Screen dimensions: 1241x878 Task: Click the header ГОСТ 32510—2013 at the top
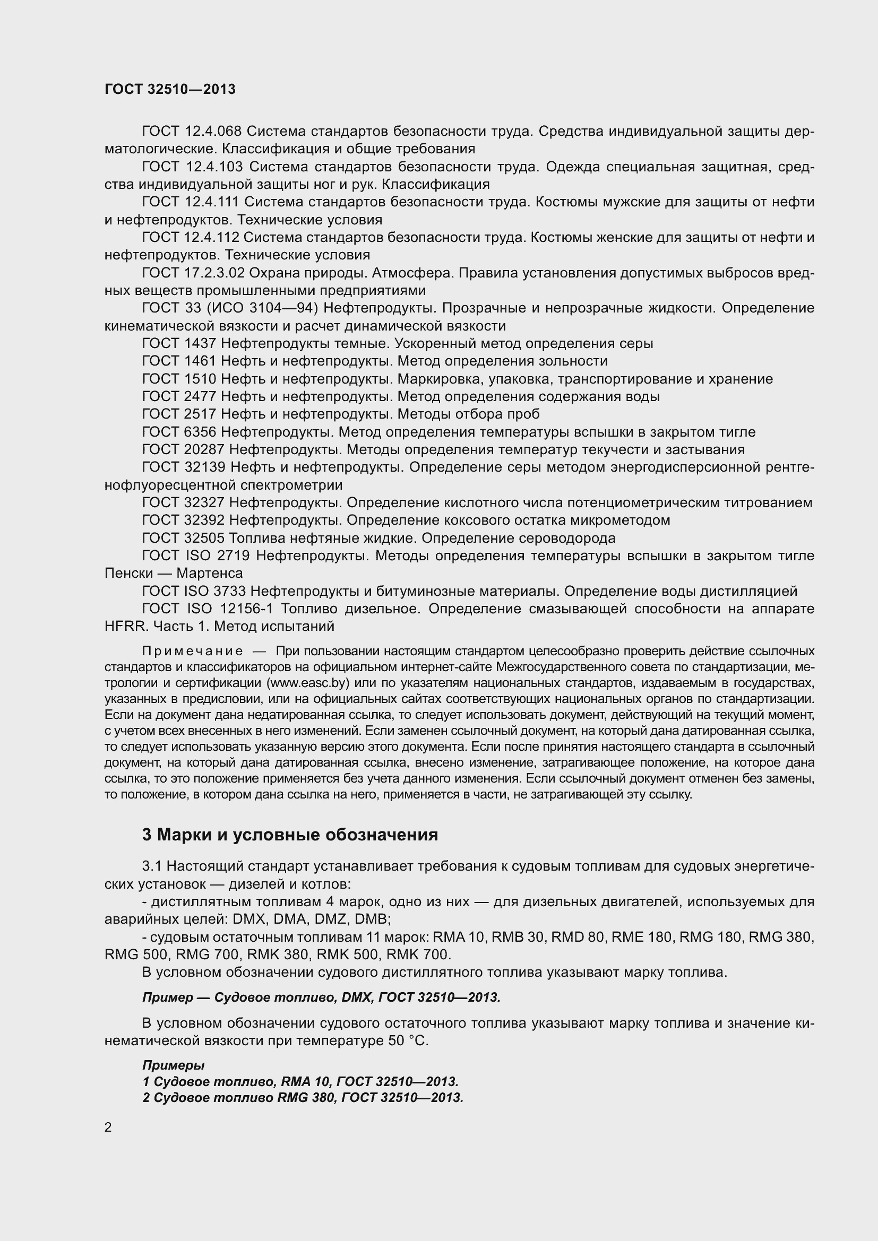coord(170,89)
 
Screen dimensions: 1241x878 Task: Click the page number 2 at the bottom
coord(108,1127)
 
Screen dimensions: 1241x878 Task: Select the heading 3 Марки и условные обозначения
coord(290,835)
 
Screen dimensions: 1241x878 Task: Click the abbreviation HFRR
coord(126,627)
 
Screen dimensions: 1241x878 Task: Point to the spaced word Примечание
coord(192,652)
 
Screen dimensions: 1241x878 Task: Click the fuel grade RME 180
coord(641,936)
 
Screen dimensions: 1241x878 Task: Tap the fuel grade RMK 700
coord(419,954)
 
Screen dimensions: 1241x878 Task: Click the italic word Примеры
coord(174,1065)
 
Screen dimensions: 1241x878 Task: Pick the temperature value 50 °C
coord(408,1040)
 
